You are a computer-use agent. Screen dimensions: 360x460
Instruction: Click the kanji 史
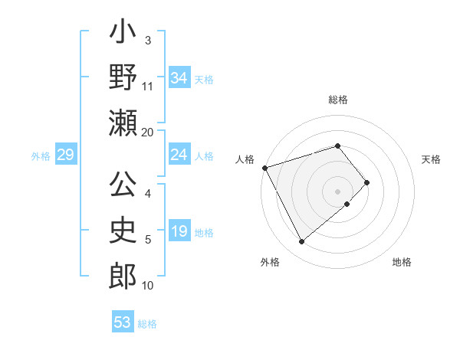[123, 231]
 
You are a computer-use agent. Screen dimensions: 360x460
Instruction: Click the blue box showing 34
[179, 78]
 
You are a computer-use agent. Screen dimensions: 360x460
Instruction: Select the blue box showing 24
[179, 155]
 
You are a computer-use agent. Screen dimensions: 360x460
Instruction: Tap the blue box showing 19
[179, 232]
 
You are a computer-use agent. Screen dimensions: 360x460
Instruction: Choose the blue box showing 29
[65, 155]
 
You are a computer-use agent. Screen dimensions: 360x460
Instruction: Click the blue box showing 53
[123, 322]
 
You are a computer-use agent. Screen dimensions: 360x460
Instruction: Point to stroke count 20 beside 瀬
[147, 132]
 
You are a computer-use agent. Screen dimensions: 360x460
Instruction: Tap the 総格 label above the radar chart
[338, 100]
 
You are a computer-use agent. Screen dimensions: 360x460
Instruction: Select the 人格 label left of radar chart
[245, 159]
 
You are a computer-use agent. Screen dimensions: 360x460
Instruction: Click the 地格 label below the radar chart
[402, 262]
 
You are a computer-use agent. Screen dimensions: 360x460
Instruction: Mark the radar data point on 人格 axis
[264, 167]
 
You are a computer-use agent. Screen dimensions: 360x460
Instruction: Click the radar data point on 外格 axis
[301, 242]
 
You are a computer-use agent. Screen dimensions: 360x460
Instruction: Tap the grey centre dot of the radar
[338, 191]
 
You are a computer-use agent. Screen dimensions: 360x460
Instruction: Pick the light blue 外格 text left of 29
[41, 156]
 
